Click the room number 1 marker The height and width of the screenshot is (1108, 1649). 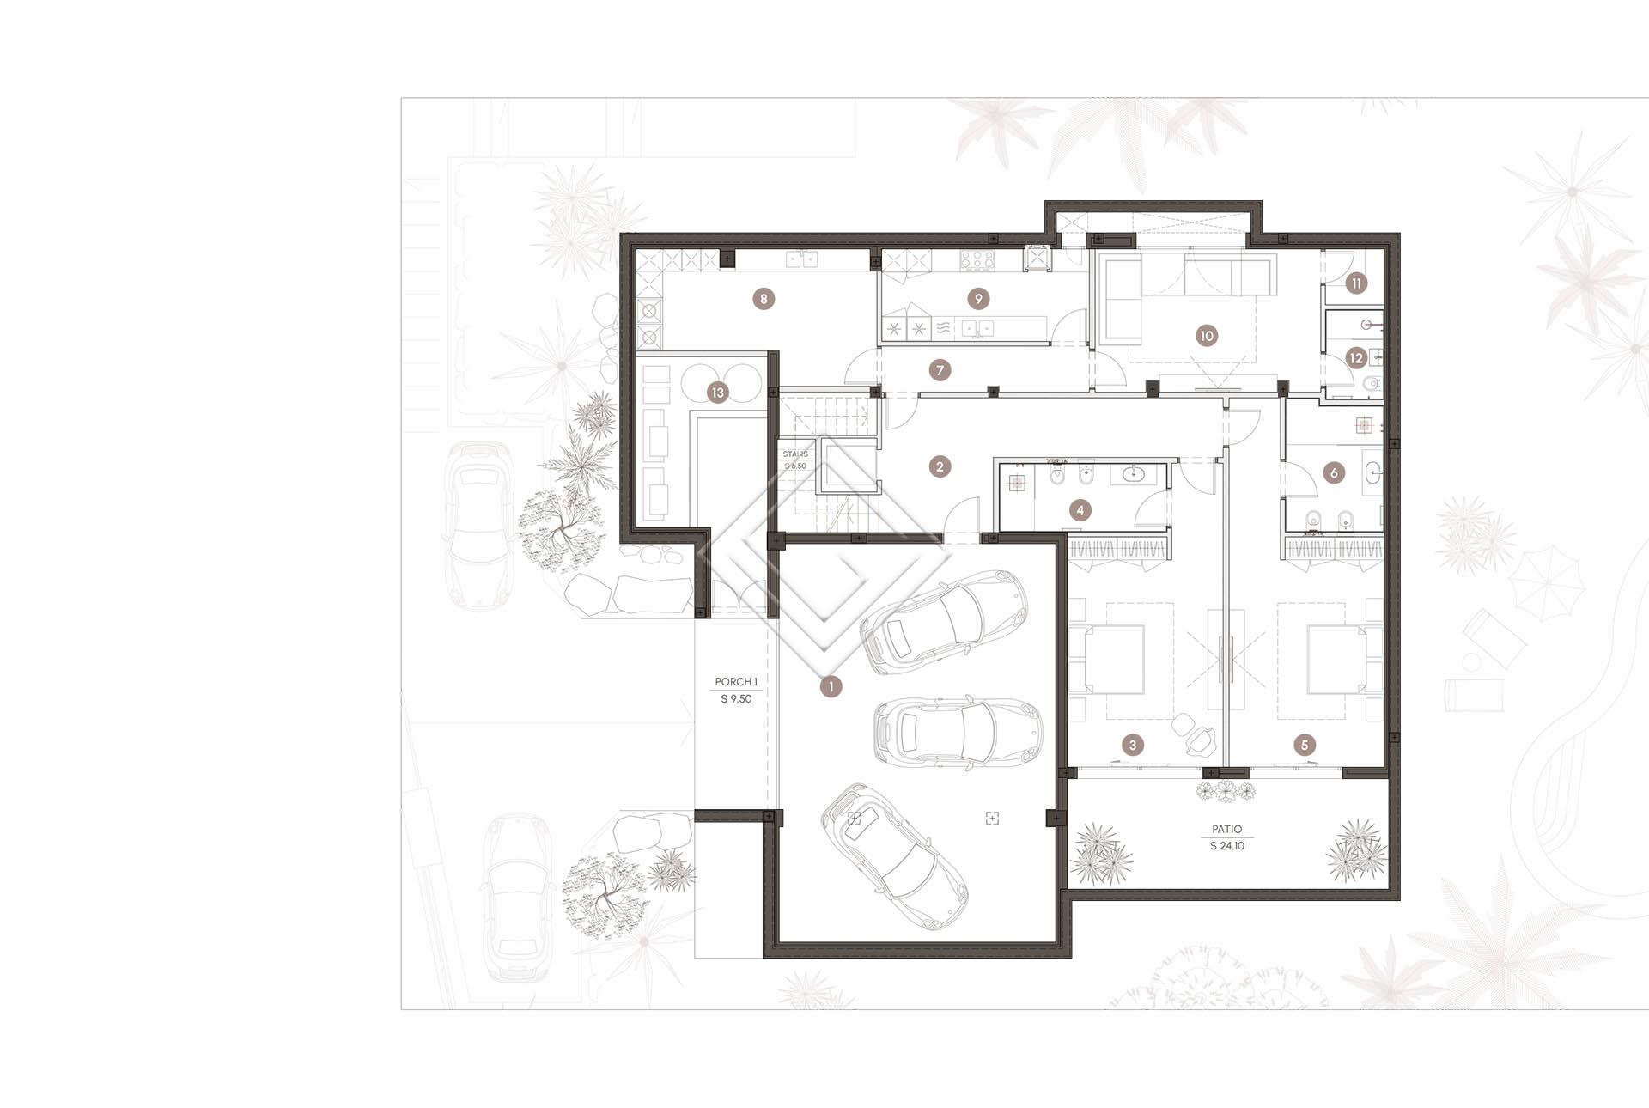[831, 686]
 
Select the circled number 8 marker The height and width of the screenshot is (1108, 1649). [763, 299]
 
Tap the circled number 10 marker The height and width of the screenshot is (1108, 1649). [1206, 336]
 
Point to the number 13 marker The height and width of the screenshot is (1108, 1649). [717, 393]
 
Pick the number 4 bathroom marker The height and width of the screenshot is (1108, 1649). [1080, 510]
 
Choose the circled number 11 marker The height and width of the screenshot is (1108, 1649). [1356, 283]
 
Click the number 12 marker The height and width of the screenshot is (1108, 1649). [1356, 358]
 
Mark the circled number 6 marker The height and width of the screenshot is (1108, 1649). [1333, 472]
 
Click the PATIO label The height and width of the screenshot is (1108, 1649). [1227, 829]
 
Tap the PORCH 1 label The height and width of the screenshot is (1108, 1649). [736, 682]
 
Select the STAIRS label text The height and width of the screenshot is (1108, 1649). [795, 454]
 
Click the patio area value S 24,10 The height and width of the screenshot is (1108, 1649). [1227, 846]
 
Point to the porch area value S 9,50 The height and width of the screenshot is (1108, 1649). [736, 699]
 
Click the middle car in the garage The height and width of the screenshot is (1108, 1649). [958, 731]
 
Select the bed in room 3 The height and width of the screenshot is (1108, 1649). [1114, 660]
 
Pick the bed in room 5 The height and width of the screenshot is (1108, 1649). [1336, 660]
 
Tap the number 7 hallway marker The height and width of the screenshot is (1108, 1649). [940, 371]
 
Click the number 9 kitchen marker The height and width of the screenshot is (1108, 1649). [977, 299]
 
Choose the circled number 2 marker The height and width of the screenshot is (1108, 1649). [940, 466]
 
